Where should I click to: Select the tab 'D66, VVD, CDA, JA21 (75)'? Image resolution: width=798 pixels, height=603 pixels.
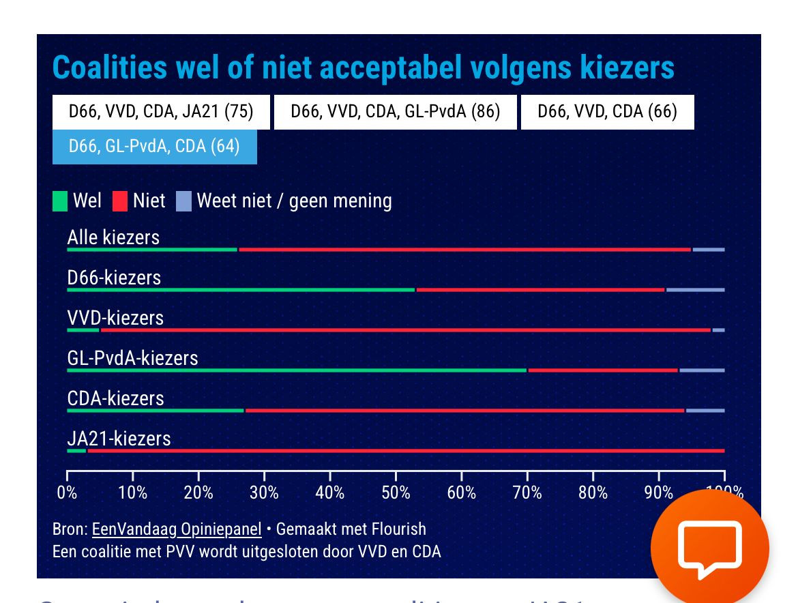(x=161, y=112)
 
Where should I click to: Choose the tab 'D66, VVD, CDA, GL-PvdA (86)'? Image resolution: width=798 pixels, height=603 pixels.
(x=395, y=112)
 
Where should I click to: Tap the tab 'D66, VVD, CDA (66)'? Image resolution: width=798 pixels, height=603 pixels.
(x=607, y=112)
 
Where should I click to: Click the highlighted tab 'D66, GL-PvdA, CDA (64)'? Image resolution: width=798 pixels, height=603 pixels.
(x=154, y=147)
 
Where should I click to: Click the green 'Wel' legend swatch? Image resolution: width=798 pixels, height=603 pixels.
(x=60, y=201)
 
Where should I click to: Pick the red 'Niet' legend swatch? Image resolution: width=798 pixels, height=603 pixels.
(x=120, y=201)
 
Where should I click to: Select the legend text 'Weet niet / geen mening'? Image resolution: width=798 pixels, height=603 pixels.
(x=294, y=201)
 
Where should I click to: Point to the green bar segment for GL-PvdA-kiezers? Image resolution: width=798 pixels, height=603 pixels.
(x=297, y=370)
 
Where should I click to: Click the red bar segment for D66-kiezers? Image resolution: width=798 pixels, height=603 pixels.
(x=540, y=290)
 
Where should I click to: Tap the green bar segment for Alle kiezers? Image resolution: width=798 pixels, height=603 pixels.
(x=152, y=250)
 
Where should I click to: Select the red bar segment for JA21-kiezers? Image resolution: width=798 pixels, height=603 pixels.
(x=406, y=451)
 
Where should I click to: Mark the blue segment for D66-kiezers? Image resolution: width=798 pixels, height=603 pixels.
(x=695, y=290)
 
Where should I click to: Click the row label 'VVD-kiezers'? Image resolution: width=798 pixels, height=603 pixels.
(x=115, y=318)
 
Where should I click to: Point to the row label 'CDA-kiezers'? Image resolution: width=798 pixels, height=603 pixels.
(x=115, y=398)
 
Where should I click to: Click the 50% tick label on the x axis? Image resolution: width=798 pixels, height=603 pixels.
(x=396, y=492)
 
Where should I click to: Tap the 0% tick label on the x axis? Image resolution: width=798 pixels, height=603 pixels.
(x=67, y=492)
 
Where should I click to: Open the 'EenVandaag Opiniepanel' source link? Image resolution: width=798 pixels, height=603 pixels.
(x=177, y=529)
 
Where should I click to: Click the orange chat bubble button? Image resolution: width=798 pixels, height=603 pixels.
(x=709, y=548)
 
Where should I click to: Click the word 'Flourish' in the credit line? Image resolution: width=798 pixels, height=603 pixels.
(x=398, y=529)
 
